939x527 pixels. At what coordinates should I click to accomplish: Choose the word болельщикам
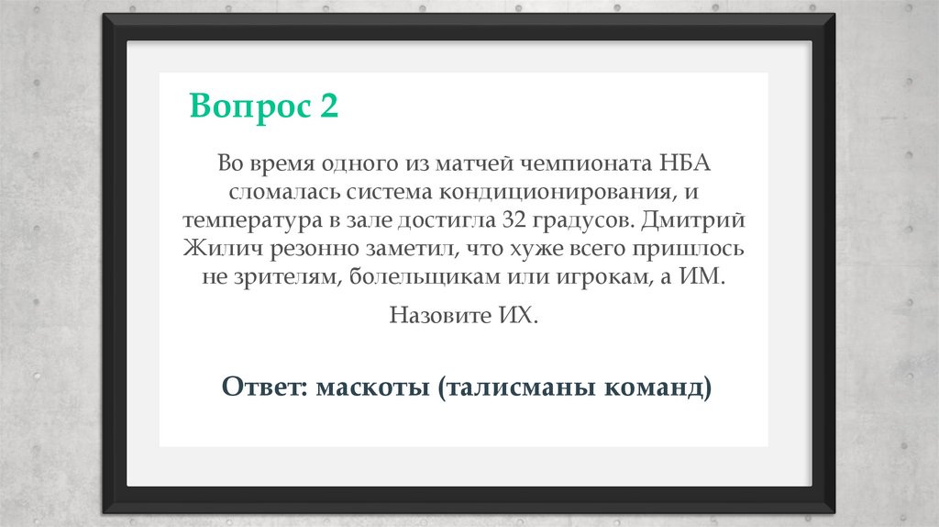[428, 277]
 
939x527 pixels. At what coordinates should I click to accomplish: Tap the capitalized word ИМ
[701, 277]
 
